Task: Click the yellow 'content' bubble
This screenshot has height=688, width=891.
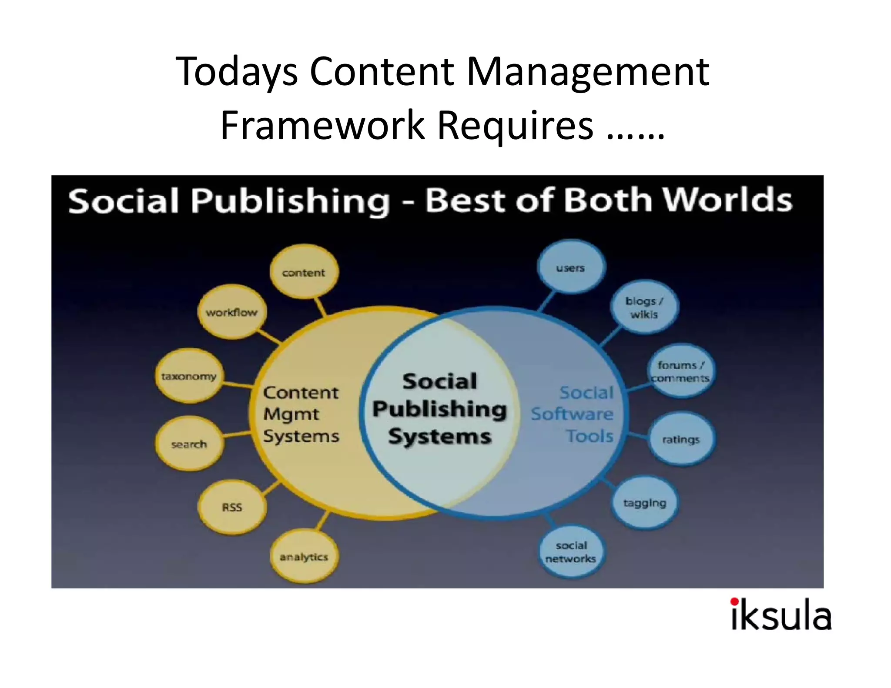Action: tap(304, 272)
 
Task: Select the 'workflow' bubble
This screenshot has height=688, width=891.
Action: tap(232, 312)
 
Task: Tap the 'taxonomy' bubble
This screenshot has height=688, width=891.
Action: tap(189, 376)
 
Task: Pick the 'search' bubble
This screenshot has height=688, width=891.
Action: tap(189, 444)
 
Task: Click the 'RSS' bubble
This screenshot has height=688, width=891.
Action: tap(232, 507)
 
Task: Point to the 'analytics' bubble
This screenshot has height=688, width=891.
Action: tap(304, 557)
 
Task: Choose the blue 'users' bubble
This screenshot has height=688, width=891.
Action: tap(571, 268)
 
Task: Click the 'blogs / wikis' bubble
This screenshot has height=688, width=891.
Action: tap(644, 307)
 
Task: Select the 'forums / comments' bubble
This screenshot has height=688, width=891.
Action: tap(680, 371)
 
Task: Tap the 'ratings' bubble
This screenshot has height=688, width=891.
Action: tap(681, 439)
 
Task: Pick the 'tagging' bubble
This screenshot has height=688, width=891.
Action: tap(645, 503)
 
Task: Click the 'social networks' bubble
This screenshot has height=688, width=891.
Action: tap(571, 551)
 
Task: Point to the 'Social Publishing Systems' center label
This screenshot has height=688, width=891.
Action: tap(440, 409)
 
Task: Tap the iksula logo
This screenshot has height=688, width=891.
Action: tap(781, 614)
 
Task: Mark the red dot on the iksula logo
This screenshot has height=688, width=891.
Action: tap(734, 601)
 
